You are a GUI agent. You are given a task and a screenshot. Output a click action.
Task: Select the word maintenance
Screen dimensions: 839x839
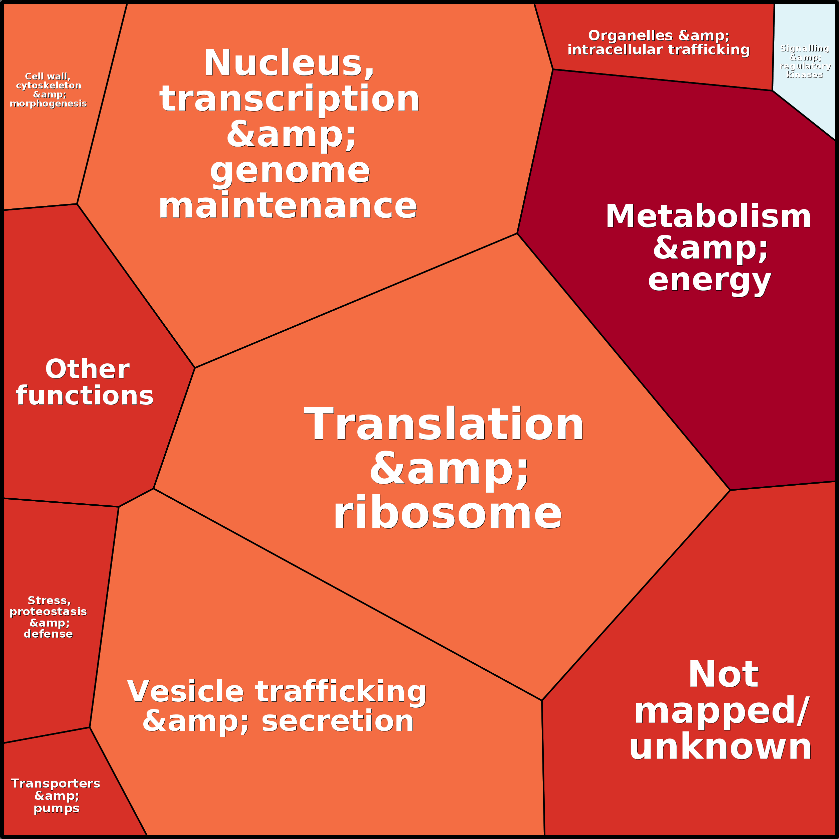(288, 206)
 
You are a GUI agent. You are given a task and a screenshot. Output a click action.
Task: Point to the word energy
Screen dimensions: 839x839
(709, 281)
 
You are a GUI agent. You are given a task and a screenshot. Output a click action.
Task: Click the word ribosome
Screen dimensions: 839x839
(447, 513)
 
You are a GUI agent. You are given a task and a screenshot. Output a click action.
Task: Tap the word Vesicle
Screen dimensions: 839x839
(185, 691)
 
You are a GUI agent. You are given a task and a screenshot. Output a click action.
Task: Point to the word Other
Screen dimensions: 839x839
(87, 369)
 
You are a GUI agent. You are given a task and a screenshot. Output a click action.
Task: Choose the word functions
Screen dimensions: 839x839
(85, 396)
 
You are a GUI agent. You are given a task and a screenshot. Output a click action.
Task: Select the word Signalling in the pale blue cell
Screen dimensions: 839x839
(805, 48)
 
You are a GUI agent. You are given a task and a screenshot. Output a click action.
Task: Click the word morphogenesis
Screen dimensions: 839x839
(48, 103)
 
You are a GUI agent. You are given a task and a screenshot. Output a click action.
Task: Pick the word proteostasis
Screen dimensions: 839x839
(48, 612)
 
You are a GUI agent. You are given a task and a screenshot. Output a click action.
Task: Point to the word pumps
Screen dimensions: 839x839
(56, 809)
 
